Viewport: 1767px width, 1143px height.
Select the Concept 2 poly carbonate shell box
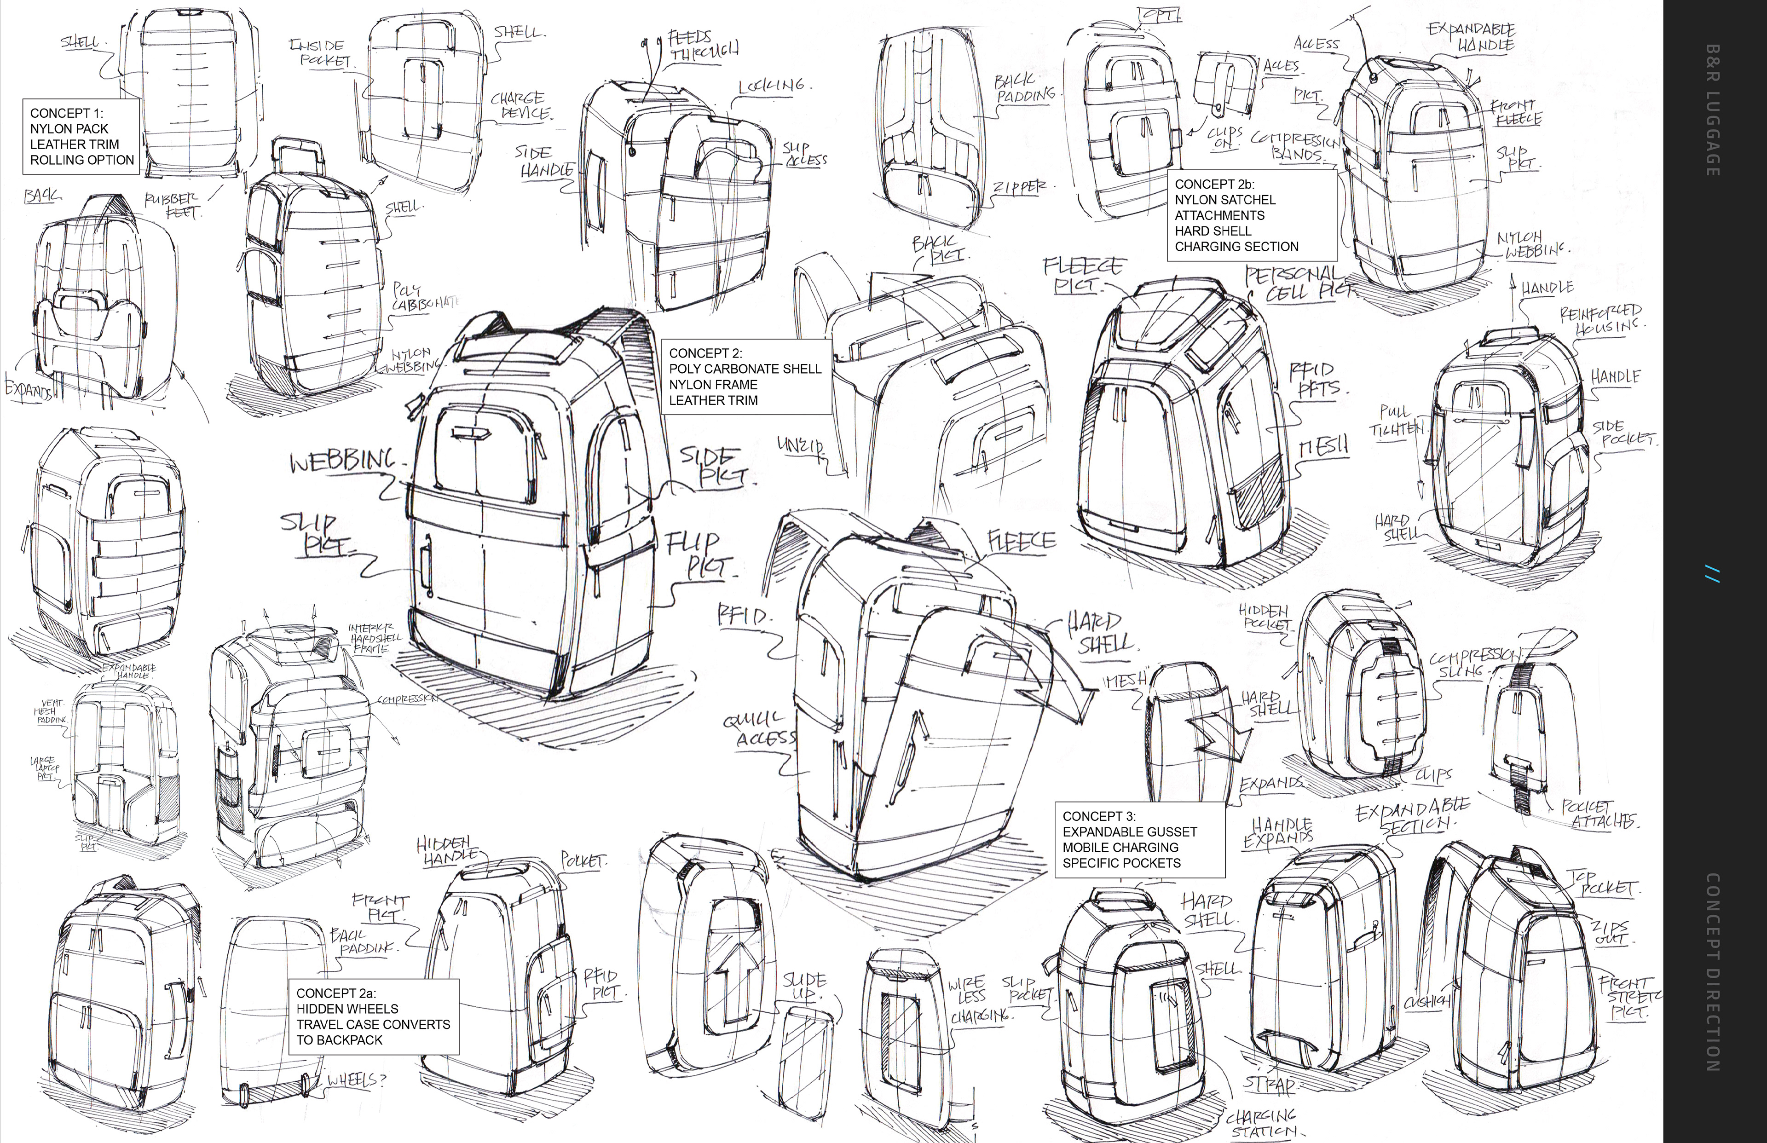(x=745, y=377)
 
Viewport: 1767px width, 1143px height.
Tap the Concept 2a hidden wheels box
(x=373, y=1016)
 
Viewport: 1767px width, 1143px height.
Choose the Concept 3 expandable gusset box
(x=1139, y=839)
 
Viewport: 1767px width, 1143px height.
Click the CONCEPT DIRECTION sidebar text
(x=1712, y=972)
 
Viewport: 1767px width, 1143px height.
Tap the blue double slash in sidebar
(x=1712, y=574)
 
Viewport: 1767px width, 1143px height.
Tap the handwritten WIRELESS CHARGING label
(x=978, y=999)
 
